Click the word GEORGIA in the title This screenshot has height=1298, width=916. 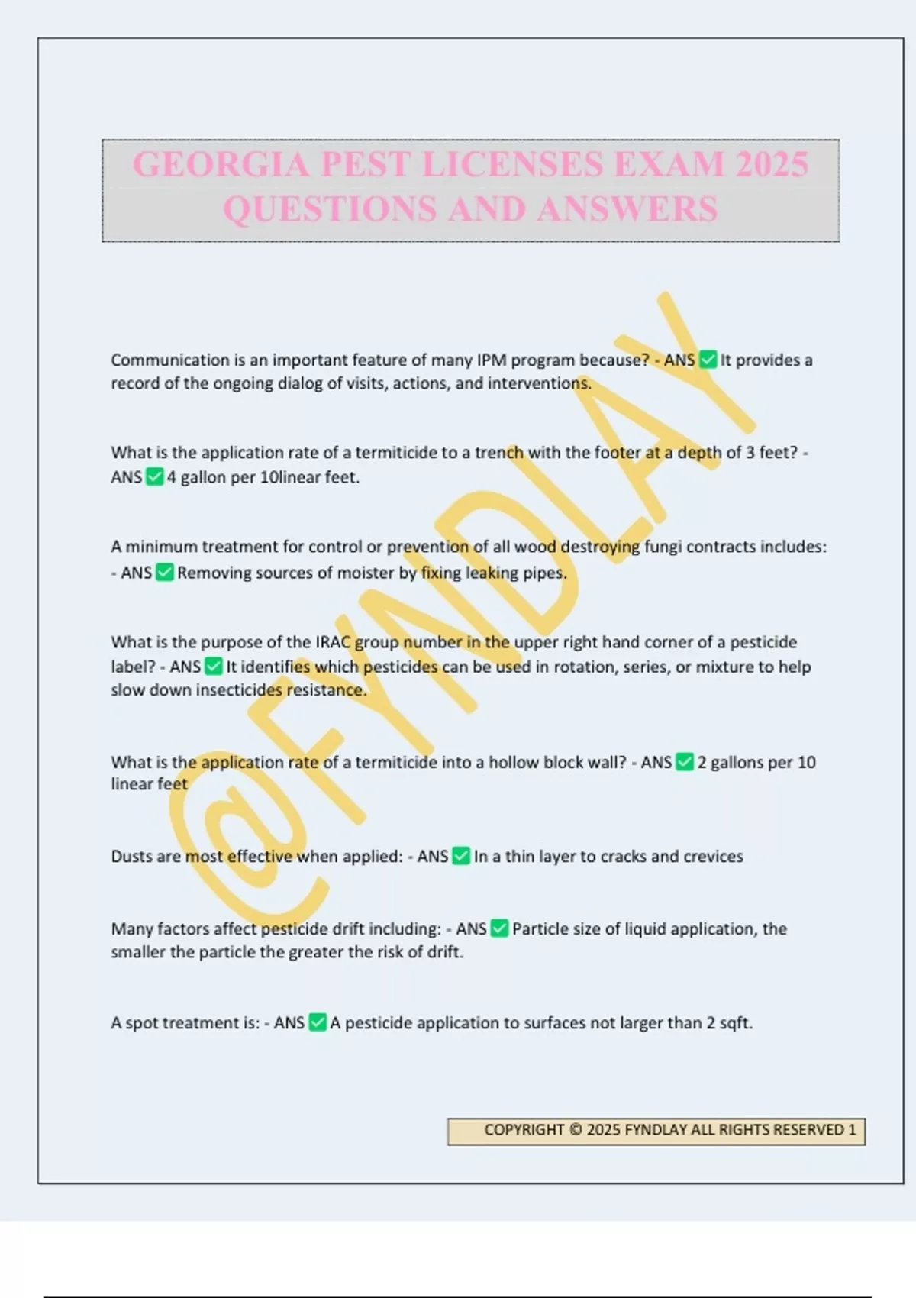pyautogui.click(x=221, y=165)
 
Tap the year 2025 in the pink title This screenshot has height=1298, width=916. pyautogui.click(x=772, y=165)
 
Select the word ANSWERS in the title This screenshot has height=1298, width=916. pyautogui.click(x=627, y=209)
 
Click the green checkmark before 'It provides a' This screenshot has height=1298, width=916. pyautogui.click(x=708, y=360)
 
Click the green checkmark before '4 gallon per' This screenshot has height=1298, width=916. pyautogui.click(x=155, y=477)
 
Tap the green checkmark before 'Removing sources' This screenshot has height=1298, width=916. pyautogui.click(x=165, y=573)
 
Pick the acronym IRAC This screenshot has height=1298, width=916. pyautogui.click(x=333, y=642)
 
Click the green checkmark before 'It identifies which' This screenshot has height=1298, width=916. pyautogui.click(x=214, y=667)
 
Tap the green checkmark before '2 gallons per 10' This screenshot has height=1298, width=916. pyautogui.click(x=685, y=762)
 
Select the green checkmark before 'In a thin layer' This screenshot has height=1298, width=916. pyautogui.click(x=461, y=857)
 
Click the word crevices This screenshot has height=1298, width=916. pyautogui.click(x=713, y=857)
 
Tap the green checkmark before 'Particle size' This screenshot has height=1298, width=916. pyautogui.click(x=499, y=929)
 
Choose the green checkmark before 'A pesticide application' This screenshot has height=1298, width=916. pyautogui.click(x=318, y=1023)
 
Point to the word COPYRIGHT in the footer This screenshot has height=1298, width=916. pyautogui.click(x=524, y=1130)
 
